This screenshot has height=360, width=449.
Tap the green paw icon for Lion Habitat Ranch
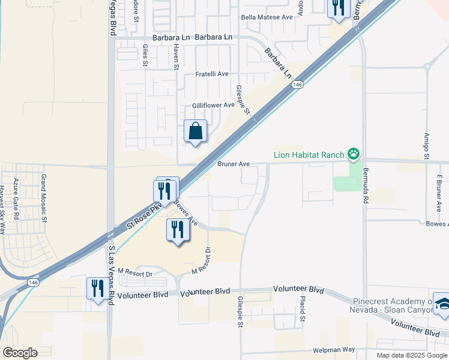[x=354, y=154]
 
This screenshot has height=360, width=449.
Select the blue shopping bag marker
[x=196, y=131]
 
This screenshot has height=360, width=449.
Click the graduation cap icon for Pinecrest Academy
[x=442, y=304]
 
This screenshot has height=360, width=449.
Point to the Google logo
[x=20, y=352]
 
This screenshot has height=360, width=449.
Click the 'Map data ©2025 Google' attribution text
[x=412, y=355]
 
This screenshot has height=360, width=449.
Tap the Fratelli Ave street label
[x=212, y=74]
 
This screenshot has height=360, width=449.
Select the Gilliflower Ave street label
[x=213, y=105]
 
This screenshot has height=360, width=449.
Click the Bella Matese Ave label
[x=267, y=17]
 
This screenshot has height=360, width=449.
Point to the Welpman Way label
[x=334, y=350]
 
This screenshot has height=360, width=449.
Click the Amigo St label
[x=426, y=146]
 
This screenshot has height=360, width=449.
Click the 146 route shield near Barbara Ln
[x=298, y=85]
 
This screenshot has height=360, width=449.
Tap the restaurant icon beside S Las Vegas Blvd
[x=96, y=288]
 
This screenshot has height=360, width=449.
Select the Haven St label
[x=176, y=56]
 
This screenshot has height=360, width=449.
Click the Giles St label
[x=145, y=55]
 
